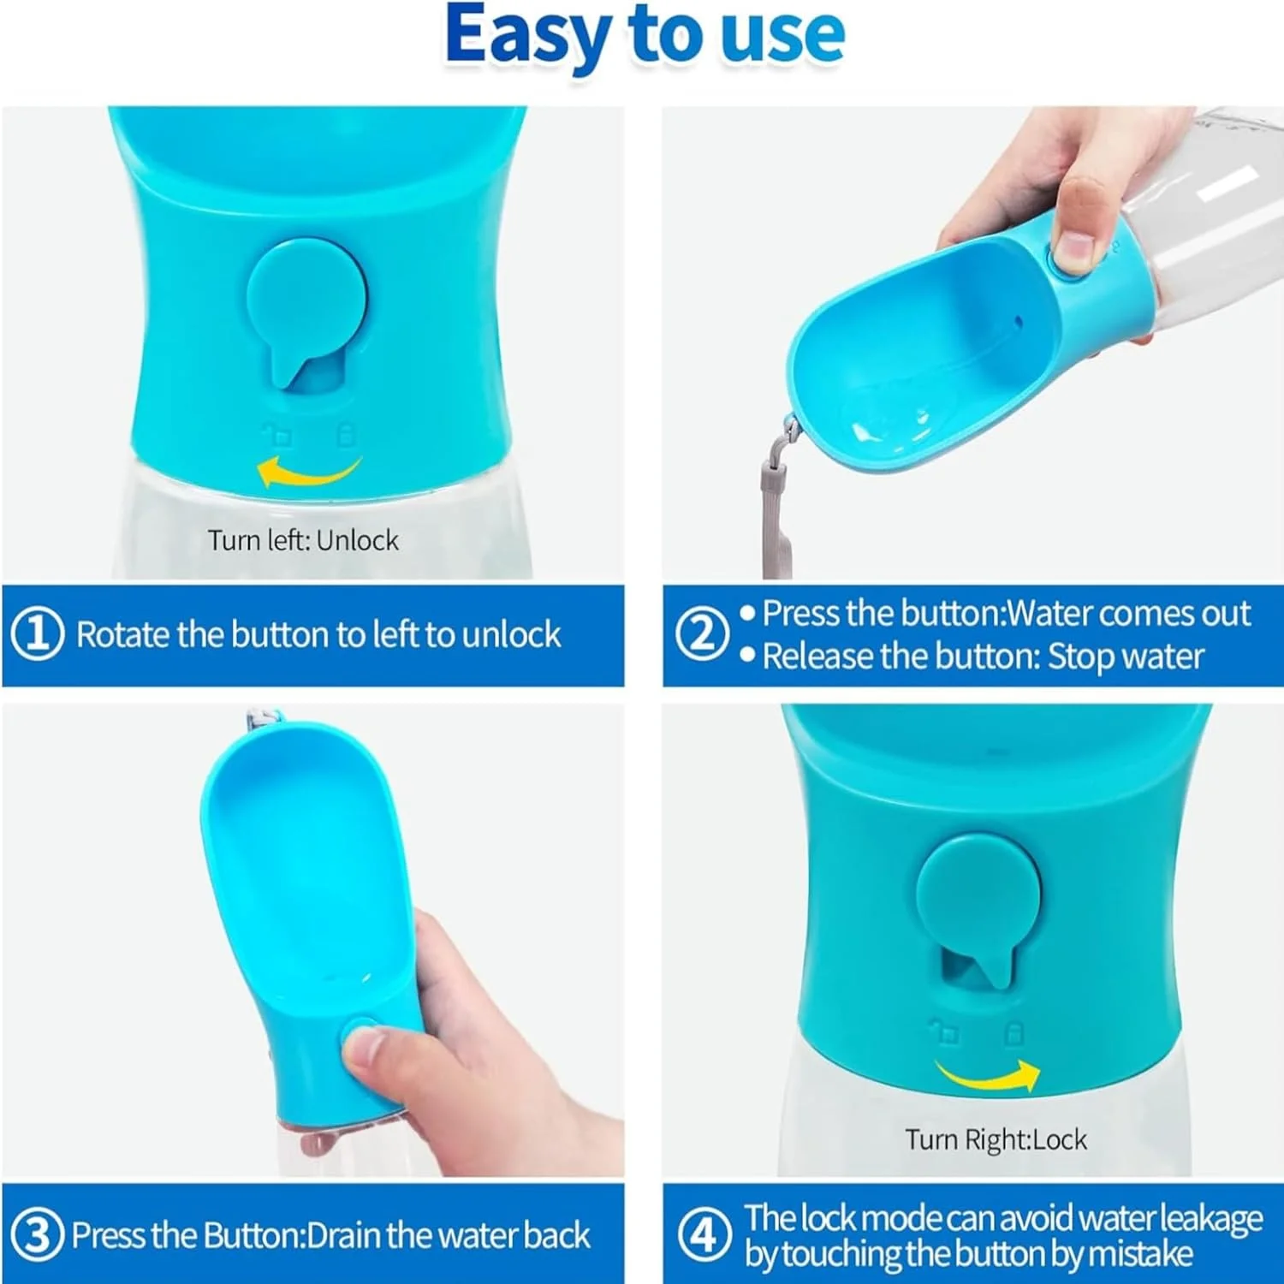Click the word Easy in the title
pos(527,36)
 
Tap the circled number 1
pos(38,634)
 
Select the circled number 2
pos(702,633)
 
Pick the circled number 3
pos(38,1234)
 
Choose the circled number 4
pos(704,1234)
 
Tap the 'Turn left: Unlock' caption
pos(303,540)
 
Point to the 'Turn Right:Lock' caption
pos(996,1139)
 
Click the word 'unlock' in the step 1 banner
pos(511,634)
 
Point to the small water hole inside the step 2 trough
pos(1018,323)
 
